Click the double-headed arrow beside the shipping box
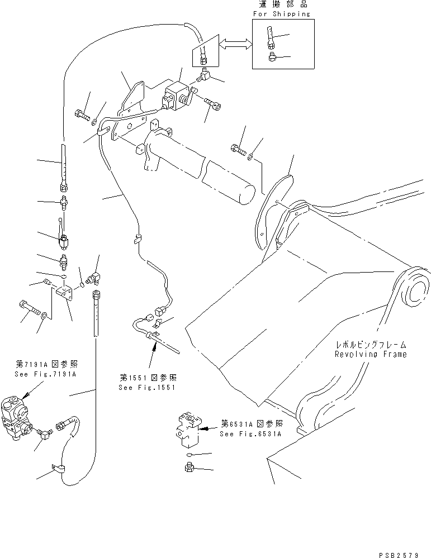click(233, 48)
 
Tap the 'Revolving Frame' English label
click(371, 354)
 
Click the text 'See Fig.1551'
click(143, 387)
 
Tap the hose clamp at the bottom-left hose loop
click(56, 470)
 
